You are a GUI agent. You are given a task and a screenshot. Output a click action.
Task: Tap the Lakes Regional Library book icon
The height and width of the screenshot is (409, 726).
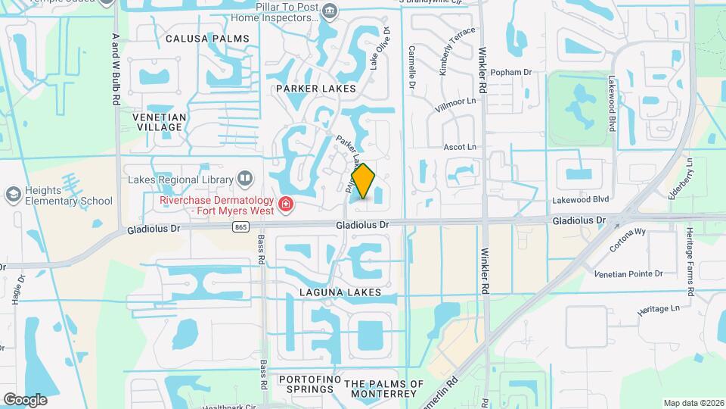[x=244, y=179]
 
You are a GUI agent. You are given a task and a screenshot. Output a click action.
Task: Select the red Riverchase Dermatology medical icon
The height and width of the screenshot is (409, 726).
[x=286, y=203]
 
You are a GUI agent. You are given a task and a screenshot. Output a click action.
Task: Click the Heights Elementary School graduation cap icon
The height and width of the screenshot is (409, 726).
[x=12, y=195]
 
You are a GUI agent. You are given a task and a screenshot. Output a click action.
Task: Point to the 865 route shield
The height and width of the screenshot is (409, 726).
[x=241, y=226]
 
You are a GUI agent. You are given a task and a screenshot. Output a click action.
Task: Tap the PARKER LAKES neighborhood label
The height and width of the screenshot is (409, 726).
[x=315, y=89]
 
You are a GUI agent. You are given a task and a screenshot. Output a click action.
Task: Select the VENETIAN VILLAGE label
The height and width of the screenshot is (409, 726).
[x=159, y=122]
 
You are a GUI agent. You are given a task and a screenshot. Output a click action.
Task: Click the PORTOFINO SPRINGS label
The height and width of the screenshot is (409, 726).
[x=306, y=384]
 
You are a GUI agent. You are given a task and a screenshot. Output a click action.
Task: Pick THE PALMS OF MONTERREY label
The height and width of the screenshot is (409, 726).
[x=384, y=389]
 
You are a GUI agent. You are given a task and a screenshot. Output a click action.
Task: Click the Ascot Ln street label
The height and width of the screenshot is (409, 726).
[x=459, y=147]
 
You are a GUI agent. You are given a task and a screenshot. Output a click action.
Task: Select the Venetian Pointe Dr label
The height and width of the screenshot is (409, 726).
[x=628, y=273]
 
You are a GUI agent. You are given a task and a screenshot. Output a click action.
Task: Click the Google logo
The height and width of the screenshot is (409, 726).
[x=25, y=399]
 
